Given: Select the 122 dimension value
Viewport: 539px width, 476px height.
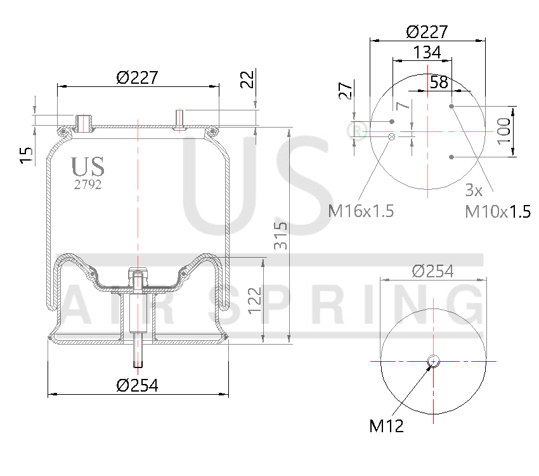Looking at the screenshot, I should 254,300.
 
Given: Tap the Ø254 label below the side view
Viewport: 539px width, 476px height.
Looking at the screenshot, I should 137,385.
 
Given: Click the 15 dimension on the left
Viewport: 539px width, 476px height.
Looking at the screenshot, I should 26,155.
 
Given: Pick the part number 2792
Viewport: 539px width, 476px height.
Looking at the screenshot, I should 88,185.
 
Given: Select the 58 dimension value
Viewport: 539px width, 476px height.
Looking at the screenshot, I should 439,81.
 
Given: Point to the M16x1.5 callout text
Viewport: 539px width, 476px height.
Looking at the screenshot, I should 361,211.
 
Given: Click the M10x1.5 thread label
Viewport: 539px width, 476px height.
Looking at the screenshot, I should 498,211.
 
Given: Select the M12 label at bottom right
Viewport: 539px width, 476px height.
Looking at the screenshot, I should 386,426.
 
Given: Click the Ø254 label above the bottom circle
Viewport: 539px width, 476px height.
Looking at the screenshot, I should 432,271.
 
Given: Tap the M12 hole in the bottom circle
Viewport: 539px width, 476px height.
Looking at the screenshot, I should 433,361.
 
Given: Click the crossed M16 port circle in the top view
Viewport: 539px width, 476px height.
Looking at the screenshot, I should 392,136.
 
